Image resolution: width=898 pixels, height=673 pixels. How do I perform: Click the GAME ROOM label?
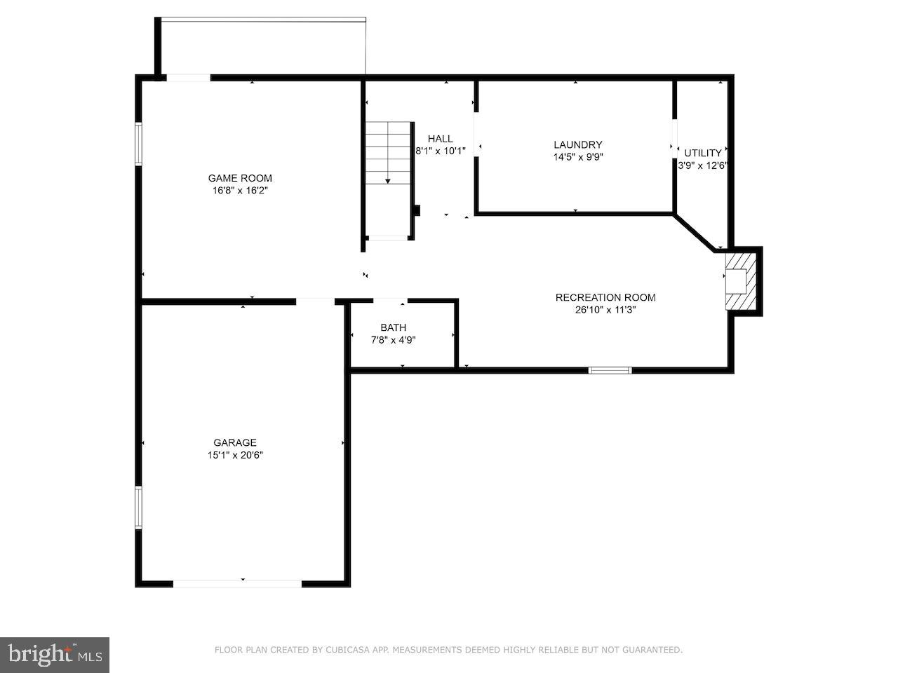pyautogui.click(x=240, y=178)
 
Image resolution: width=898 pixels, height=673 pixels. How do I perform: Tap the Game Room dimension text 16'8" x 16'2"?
pyautogui.click(x=240, y=190)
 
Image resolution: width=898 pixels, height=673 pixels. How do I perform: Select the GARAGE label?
pyautogui.click(x=235, y=442)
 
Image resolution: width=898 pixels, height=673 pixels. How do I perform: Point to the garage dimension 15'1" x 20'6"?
pyautogui.click(x=235, y=455)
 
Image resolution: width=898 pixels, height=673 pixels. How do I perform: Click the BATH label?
pyautogui.click(x=393, y=327)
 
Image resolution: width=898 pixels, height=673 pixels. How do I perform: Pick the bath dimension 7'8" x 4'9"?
pyautogui.click(x=393, y=340)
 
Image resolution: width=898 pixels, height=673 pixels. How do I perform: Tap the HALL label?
pyautogui.click(x=441, y=139)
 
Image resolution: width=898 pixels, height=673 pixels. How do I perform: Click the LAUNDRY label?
pyautogui.click(x=578, y=145)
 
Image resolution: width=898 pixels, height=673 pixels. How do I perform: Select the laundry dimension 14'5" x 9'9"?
pyautogui.click(x=578, y=157)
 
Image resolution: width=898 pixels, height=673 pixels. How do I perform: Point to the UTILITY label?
pyautogui.click(x=703, y=153)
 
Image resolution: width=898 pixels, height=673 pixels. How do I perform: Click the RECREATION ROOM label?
pyautogui.click(x=605, y=297)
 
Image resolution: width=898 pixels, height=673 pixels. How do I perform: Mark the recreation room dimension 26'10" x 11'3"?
pyautogui.click(x=605, y=310)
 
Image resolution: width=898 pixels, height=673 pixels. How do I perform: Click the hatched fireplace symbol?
pyautogui.click(x=740, y=280)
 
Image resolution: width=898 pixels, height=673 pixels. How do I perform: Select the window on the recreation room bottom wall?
pyautogui.click(x=610, y=370)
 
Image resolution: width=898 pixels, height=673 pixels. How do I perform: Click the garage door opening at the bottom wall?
pyautogui.click(x=238, y=583)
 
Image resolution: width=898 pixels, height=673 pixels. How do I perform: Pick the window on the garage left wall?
pyautogui.click(x=139, y=508)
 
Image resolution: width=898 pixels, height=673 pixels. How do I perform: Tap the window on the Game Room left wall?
pyautogui.click(x=139, y=144)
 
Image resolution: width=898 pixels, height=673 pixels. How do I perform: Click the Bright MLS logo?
pyautogui.click(x=54, y=655)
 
